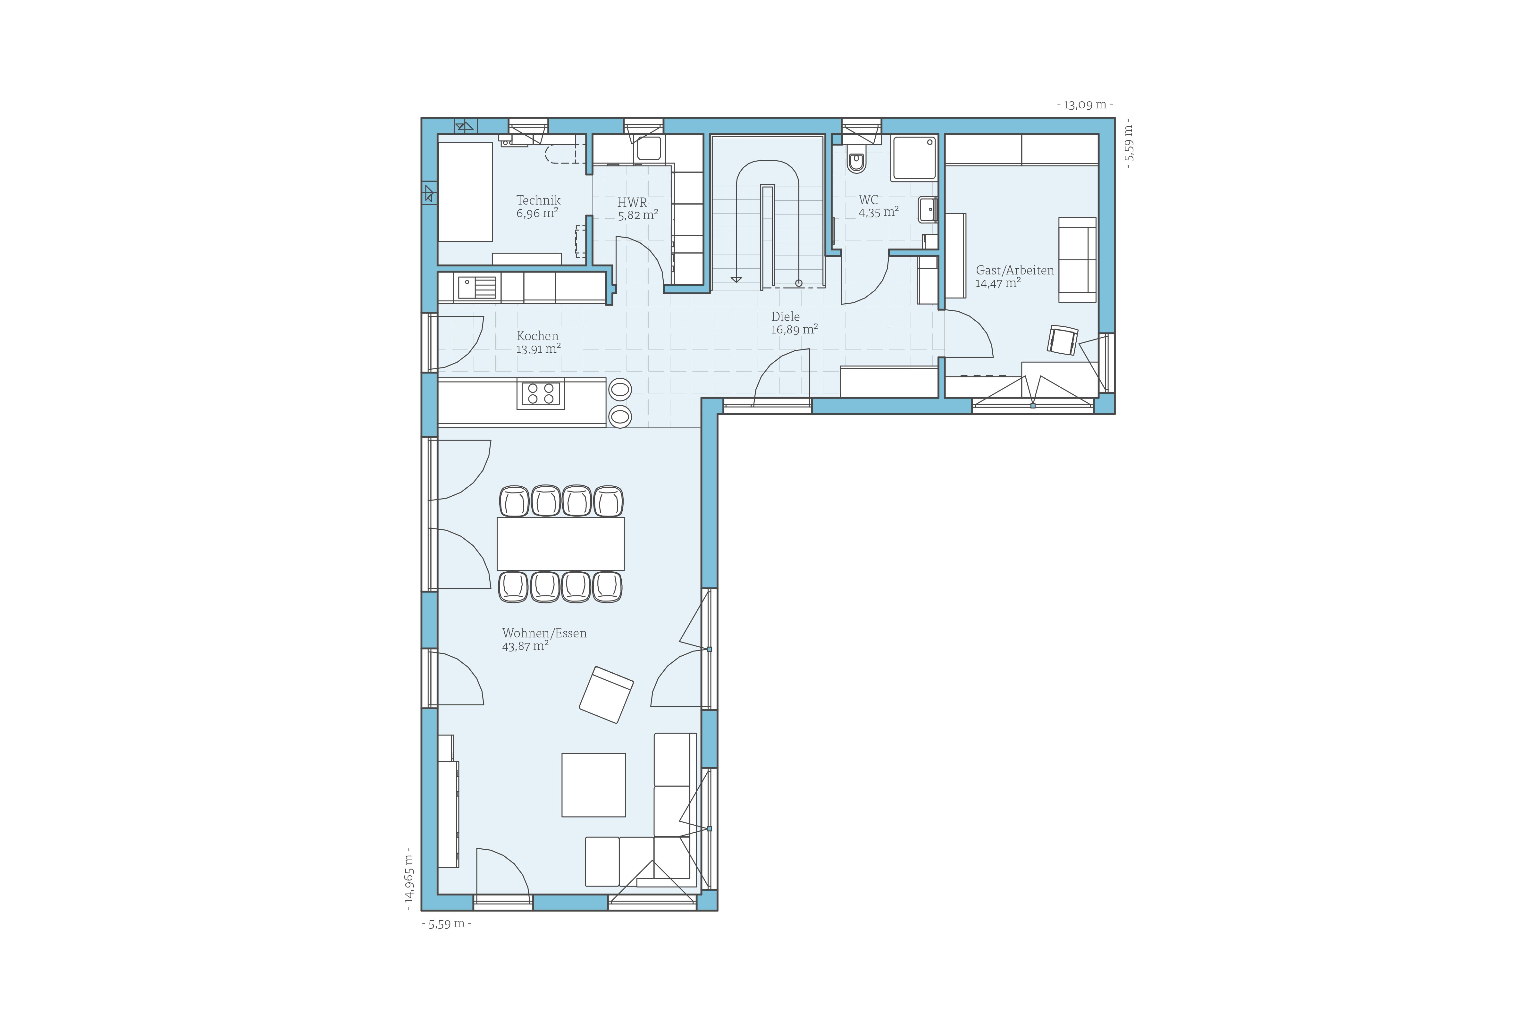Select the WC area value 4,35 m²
pyautogui.click(x=878, y=212)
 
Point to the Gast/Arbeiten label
pyautogui.click(x=1015, y=270)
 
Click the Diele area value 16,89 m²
pyautogui.click(x=794, y=329)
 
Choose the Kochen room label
pyautogui.click(x=537, y=336)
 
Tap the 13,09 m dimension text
pyautogui.click(x=1085, y=105)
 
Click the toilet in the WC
pyautogui.click(x=856, y=159)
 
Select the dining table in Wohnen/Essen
pyautogui.click(x=561, y=544)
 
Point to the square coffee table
pyautogui.click(x=593, y=785)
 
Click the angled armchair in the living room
pyautogui.click(x=606, y=694)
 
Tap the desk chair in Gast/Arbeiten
pyautogui.click(x=1063, y=340)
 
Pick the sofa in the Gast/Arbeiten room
pyautogui.click(x=1077, y=260)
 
